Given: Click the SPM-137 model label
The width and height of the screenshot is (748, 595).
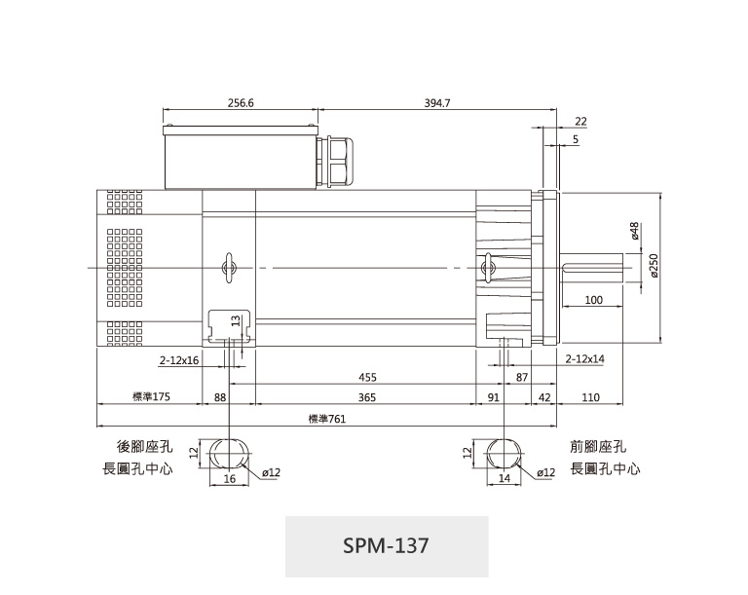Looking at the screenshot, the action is tap(386, 545).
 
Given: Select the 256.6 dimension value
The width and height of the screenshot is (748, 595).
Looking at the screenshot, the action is tap(241, 103).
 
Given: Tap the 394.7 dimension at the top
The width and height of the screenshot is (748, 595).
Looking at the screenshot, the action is tap(437, 103).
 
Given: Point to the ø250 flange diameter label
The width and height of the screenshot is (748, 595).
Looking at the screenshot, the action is tap(654, 266).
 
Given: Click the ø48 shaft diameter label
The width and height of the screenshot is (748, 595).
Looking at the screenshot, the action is tap(634, 231).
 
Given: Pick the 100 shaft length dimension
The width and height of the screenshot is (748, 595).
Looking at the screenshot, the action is tap(593, 300).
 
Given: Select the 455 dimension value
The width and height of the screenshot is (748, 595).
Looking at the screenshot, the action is tap(367, 378).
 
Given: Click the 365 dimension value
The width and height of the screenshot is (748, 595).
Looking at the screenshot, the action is tap(367, 397).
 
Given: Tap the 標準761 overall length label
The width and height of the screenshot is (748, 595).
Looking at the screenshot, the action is tap(327, 419).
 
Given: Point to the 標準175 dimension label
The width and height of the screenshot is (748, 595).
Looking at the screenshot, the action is tap(151, 396).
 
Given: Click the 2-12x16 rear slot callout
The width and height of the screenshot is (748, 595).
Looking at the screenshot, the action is tap(179, 360).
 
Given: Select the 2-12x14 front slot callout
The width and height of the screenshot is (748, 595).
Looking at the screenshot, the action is tap(584, 358).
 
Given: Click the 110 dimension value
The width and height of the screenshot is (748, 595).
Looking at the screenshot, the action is tap(590, 397).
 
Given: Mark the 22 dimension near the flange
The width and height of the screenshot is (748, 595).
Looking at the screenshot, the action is tap(580, 121).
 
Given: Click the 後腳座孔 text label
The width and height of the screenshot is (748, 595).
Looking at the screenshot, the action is tap(144, 447).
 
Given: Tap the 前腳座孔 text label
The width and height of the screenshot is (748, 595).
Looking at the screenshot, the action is tap(598, 447).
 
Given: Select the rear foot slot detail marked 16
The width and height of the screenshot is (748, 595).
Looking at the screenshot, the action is tap(230, 453).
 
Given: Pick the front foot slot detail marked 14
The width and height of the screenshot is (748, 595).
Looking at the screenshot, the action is tap(505, 453).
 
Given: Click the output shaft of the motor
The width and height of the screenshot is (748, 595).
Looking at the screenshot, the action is tap(591, 269).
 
